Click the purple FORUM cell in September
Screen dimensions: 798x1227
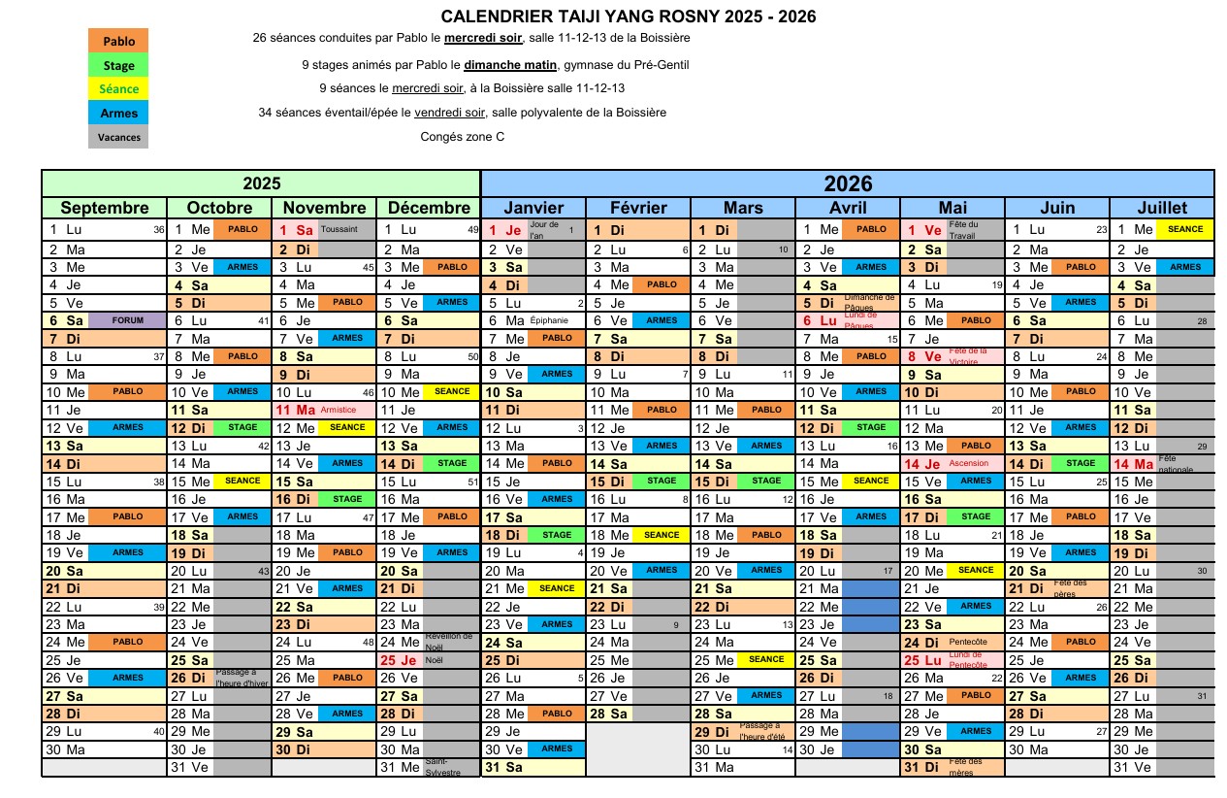tap(127, 320)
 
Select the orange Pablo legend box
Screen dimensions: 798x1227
tap(118, 42)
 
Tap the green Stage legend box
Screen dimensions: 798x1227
tap(118, 66)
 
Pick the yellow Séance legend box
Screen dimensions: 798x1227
tap(118, 89)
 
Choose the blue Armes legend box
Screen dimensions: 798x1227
tap(118, 113)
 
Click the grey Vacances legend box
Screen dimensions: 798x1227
tap(118, 137)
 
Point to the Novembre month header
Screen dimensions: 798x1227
tap(324, 208)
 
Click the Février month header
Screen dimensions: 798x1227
tap(638, 208)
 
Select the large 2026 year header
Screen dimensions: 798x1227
tap(848, 183)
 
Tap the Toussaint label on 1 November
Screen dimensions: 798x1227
tap(339, 230)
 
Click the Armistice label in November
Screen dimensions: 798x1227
tap(339, 410)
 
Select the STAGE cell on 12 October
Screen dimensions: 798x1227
tap(242, 427)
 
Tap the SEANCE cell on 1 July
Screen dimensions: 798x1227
tap(1185, 230)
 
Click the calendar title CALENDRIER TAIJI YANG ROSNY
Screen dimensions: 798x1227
tap(628, 17)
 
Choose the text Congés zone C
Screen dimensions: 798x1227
tap(462, 137)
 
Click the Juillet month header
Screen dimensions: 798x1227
tap(1162, 208)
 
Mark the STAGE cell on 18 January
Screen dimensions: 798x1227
tap(557, 535)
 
